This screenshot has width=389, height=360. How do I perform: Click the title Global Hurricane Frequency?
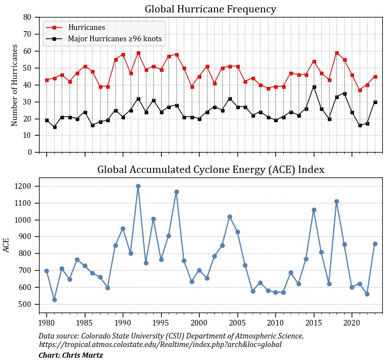click(x=210, y=9)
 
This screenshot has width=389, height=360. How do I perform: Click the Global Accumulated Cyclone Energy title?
click(x=210, y=170)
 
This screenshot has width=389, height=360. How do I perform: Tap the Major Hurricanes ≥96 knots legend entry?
click(x=114, y=39)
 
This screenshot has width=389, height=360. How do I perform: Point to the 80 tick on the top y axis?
click(x=27, y=18)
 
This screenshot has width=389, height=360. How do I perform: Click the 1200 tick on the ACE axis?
click(x=25, y=186)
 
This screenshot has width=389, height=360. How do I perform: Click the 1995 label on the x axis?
click(x=161, y=323)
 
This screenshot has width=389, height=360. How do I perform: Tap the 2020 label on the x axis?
click(x=352, y=323)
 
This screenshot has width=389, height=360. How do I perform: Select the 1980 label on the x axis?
click(x=47, y=323)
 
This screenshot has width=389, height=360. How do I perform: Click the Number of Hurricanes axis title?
click(x=15, y=85)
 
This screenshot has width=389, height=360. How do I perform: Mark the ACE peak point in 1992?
click(x=138, y=186)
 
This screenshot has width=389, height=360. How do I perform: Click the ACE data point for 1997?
click(x=176, y=192)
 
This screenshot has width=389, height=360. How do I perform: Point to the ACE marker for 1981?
click(x=54, y=300)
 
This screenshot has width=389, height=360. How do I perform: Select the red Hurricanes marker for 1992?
click(x=138, y=53)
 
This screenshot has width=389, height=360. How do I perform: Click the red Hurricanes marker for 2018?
click(x=336, y=53)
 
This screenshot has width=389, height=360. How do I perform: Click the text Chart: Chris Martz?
click(x=71, y=355)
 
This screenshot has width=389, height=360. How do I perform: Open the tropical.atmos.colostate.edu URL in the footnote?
click(x=160, y=344)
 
